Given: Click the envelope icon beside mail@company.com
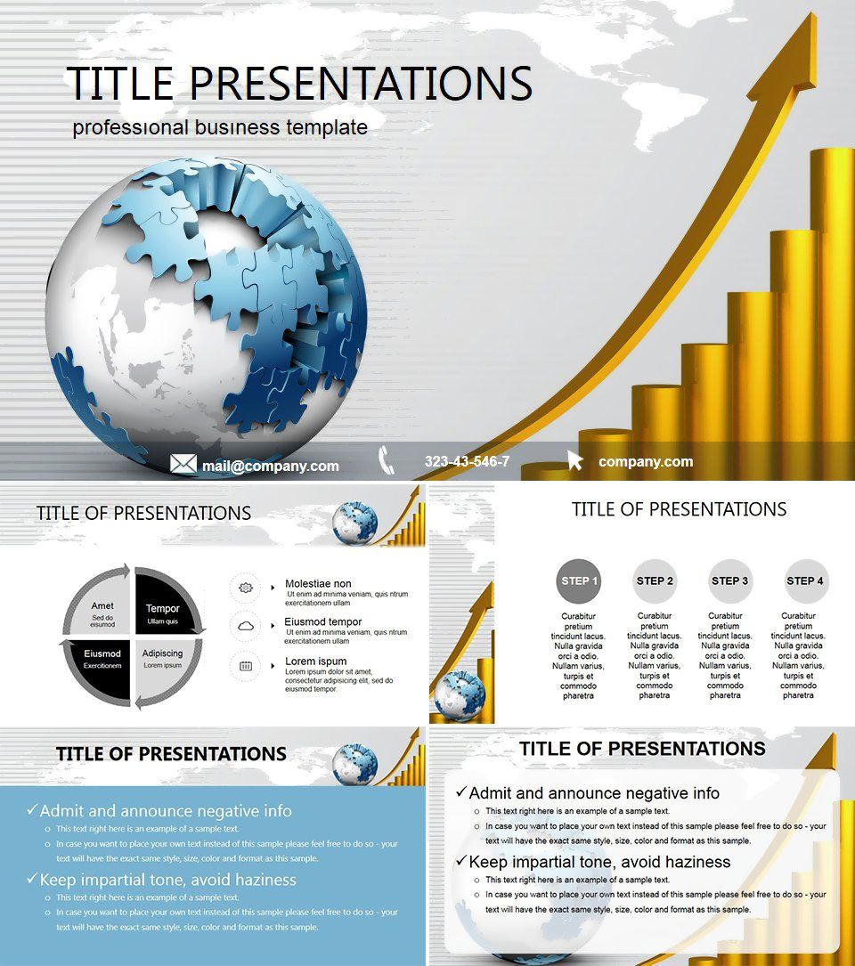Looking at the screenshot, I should (x=183, y=464).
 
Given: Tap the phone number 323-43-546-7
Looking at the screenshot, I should (x=467, y=461).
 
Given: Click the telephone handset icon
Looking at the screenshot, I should (x=387, y=460).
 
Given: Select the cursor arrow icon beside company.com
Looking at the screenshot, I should (x=575, y=460).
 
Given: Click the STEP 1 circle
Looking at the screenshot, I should (x=579, y=581).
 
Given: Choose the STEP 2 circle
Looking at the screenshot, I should (x=655, y=581).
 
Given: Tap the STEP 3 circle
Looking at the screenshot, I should (x=730, y=581).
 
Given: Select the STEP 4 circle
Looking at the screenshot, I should (x=805, y=581).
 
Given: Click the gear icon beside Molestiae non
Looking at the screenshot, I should (x=246, y=588).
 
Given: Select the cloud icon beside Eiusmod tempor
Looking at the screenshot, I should (x=246, y=626).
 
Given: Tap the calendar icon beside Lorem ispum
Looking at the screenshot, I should (x=246, y=665).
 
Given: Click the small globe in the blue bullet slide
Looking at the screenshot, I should (x=354, y=766).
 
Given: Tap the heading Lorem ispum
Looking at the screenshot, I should (x=316, y=662).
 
